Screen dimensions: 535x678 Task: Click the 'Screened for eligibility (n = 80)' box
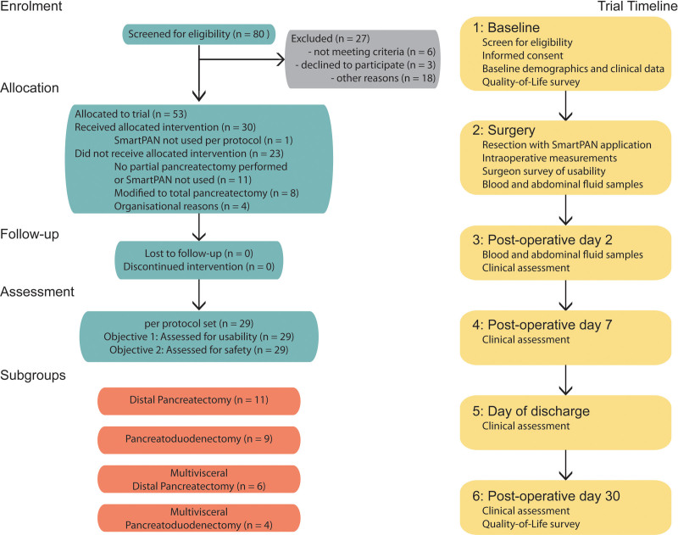pos(197,35)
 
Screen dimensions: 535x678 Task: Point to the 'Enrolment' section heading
pos(31,8)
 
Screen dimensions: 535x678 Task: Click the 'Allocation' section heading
pos(30,87)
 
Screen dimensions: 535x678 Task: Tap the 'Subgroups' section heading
pos(33,373)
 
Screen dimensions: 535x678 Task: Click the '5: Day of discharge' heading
pos(531,411)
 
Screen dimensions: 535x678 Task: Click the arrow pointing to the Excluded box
pos(246,61)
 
